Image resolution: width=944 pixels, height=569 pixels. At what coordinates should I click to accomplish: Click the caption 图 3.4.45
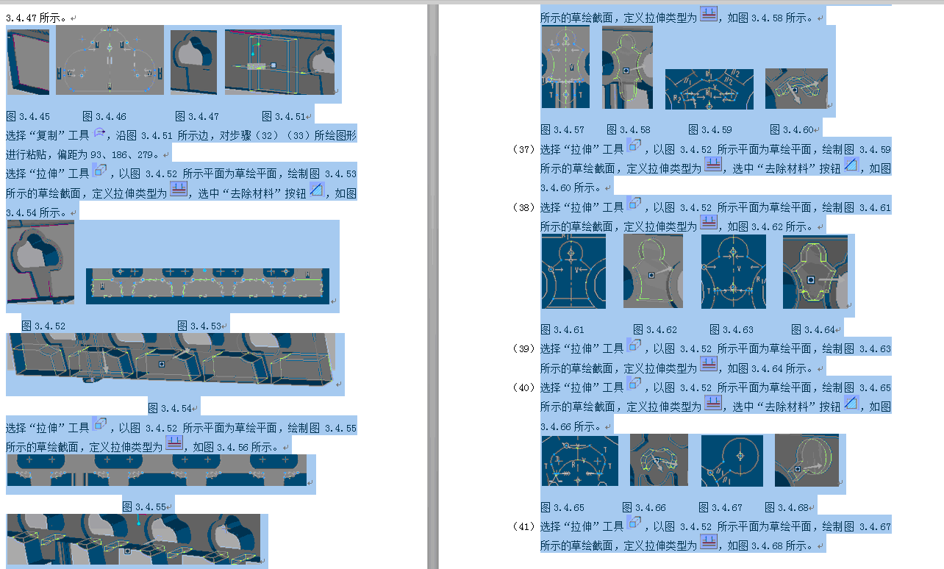coord(28,116)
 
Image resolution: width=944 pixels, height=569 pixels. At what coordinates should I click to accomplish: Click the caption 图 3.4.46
coord(104,116)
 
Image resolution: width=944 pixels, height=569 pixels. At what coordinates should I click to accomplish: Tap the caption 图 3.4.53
coord(200,326)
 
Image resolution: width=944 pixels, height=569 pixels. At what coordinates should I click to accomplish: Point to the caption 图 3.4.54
coord(171,408)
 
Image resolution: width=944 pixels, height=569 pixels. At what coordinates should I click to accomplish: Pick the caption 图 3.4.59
coord(710,130)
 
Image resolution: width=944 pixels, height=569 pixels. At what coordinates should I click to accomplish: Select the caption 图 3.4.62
coord(655,329)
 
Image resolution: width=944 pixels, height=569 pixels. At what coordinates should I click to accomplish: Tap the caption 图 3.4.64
coord(814,329)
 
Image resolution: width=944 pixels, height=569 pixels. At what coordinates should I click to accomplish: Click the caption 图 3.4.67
coord(720,507)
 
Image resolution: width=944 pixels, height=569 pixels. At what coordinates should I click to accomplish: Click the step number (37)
coord(523,149)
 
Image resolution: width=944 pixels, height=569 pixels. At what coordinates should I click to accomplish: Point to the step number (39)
coord(523,348)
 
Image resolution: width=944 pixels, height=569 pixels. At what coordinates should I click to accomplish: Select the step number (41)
coord(523,526)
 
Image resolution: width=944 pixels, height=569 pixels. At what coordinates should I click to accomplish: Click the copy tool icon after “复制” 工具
coord(99,133)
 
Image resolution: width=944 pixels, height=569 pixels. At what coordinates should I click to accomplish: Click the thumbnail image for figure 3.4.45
coord(28,62)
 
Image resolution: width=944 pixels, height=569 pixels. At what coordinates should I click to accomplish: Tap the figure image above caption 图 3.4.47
coord(194,62)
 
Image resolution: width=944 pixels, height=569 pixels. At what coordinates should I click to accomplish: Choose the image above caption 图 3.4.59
coord(709,89)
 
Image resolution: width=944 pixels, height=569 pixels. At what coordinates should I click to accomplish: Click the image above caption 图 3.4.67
coord(732,461)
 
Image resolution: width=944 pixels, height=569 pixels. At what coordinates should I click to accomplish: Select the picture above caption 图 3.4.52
coord(41,262)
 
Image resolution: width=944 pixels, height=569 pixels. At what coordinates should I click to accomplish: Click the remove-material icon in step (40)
coord(851,404)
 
